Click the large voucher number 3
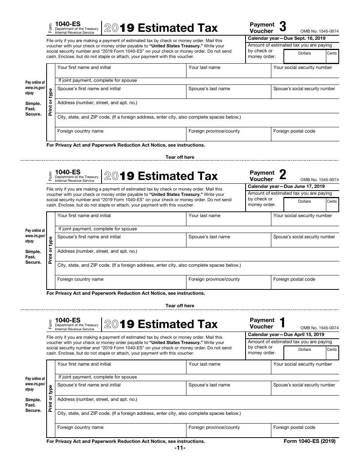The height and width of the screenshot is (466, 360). [x=283, y=27]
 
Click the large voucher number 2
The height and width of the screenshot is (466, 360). [x=283, y=175]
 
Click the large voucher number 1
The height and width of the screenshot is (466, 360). [x=283, y=323]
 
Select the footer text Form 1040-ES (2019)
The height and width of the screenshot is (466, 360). [x=310, y=441]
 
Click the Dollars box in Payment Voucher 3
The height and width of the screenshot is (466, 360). [x=304, y=57]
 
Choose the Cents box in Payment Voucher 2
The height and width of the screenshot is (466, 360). [x=332, y=205]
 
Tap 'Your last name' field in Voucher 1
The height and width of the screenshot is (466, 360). [x=229, y=367]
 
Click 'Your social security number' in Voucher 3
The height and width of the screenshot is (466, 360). [x=305, y=71]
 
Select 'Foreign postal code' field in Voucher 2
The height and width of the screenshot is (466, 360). [x=305, y=283]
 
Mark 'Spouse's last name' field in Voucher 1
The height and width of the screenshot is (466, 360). [x=229, y=388]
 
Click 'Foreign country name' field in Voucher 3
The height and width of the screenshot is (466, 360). [x=121, y=134]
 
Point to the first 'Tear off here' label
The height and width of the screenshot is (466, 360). [x=180, y=157]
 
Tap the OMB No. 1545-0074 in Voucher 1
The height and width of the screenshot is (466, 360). [x=319, y=328]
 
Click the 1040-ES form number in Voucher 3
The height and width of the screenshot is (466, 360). [x=68, y=23]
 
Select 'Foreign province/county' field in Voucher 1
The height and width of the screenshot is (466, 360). [x=229, y=431]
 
